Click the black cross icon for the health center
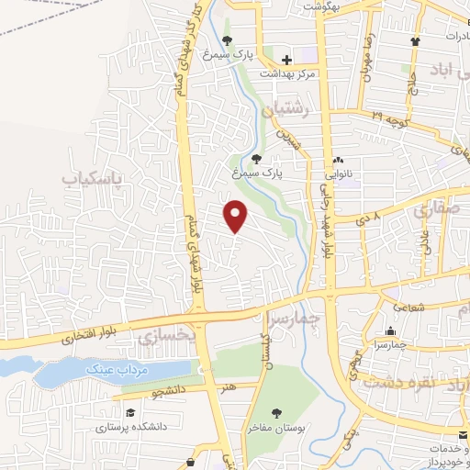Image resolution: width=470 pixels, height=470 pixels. click(x=287, y=60)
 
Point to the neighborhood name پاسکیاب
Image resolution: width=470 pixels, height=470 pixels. click(x=92, y=176)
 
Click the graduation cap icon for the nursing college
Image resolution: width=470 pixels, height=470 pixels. click(x=129, y=413)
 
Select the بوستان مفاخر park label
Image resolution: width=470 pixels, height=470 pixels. click(x=277, y=427)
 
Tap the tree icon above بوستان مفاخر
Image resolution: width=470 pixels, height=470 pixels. click(x=277, y=413)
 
